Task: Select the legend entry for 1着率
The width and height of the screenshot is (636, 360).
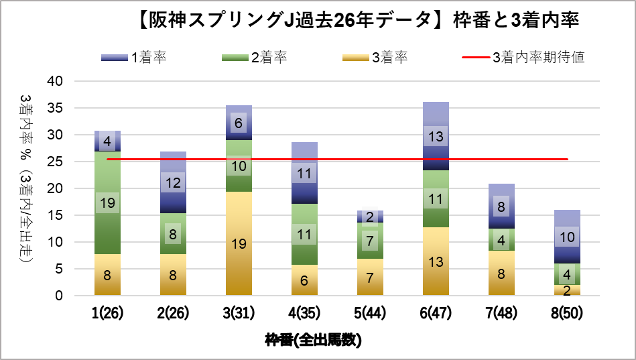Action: click(x=133, y=58)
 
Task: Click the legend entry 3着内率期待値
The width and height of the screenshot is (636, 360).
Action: click(x=523, y=58)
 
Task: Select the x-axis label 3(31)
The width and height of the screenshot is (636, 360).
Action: click(x=239, y=313)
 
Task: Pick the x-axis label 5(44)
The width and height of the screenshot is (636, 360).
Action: click(x=370, y=313)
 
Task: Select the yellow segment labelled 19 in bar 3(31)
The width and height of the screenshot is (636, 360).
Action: click(x=239, y=243)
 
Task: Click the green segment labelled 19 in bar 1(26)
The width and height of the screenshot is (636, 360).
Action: click(x=107, y=203)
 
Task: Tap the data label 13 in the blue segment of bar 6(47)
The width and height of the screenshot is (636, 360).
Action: click(x=436, y=136)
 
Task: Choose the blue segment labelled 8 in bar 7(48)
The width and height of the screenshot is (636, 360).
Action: click(x=501, y=206)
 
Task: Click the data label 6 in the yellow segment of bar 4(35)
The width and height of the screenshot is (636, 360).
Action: click(x=304, y=281)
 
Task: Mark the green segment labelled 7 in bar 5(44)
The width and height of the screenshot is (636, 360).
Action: click(x=370, y=240)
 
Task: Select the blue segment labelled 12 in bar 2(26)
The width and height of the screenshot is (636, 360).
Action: click(x=173, y=182)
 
